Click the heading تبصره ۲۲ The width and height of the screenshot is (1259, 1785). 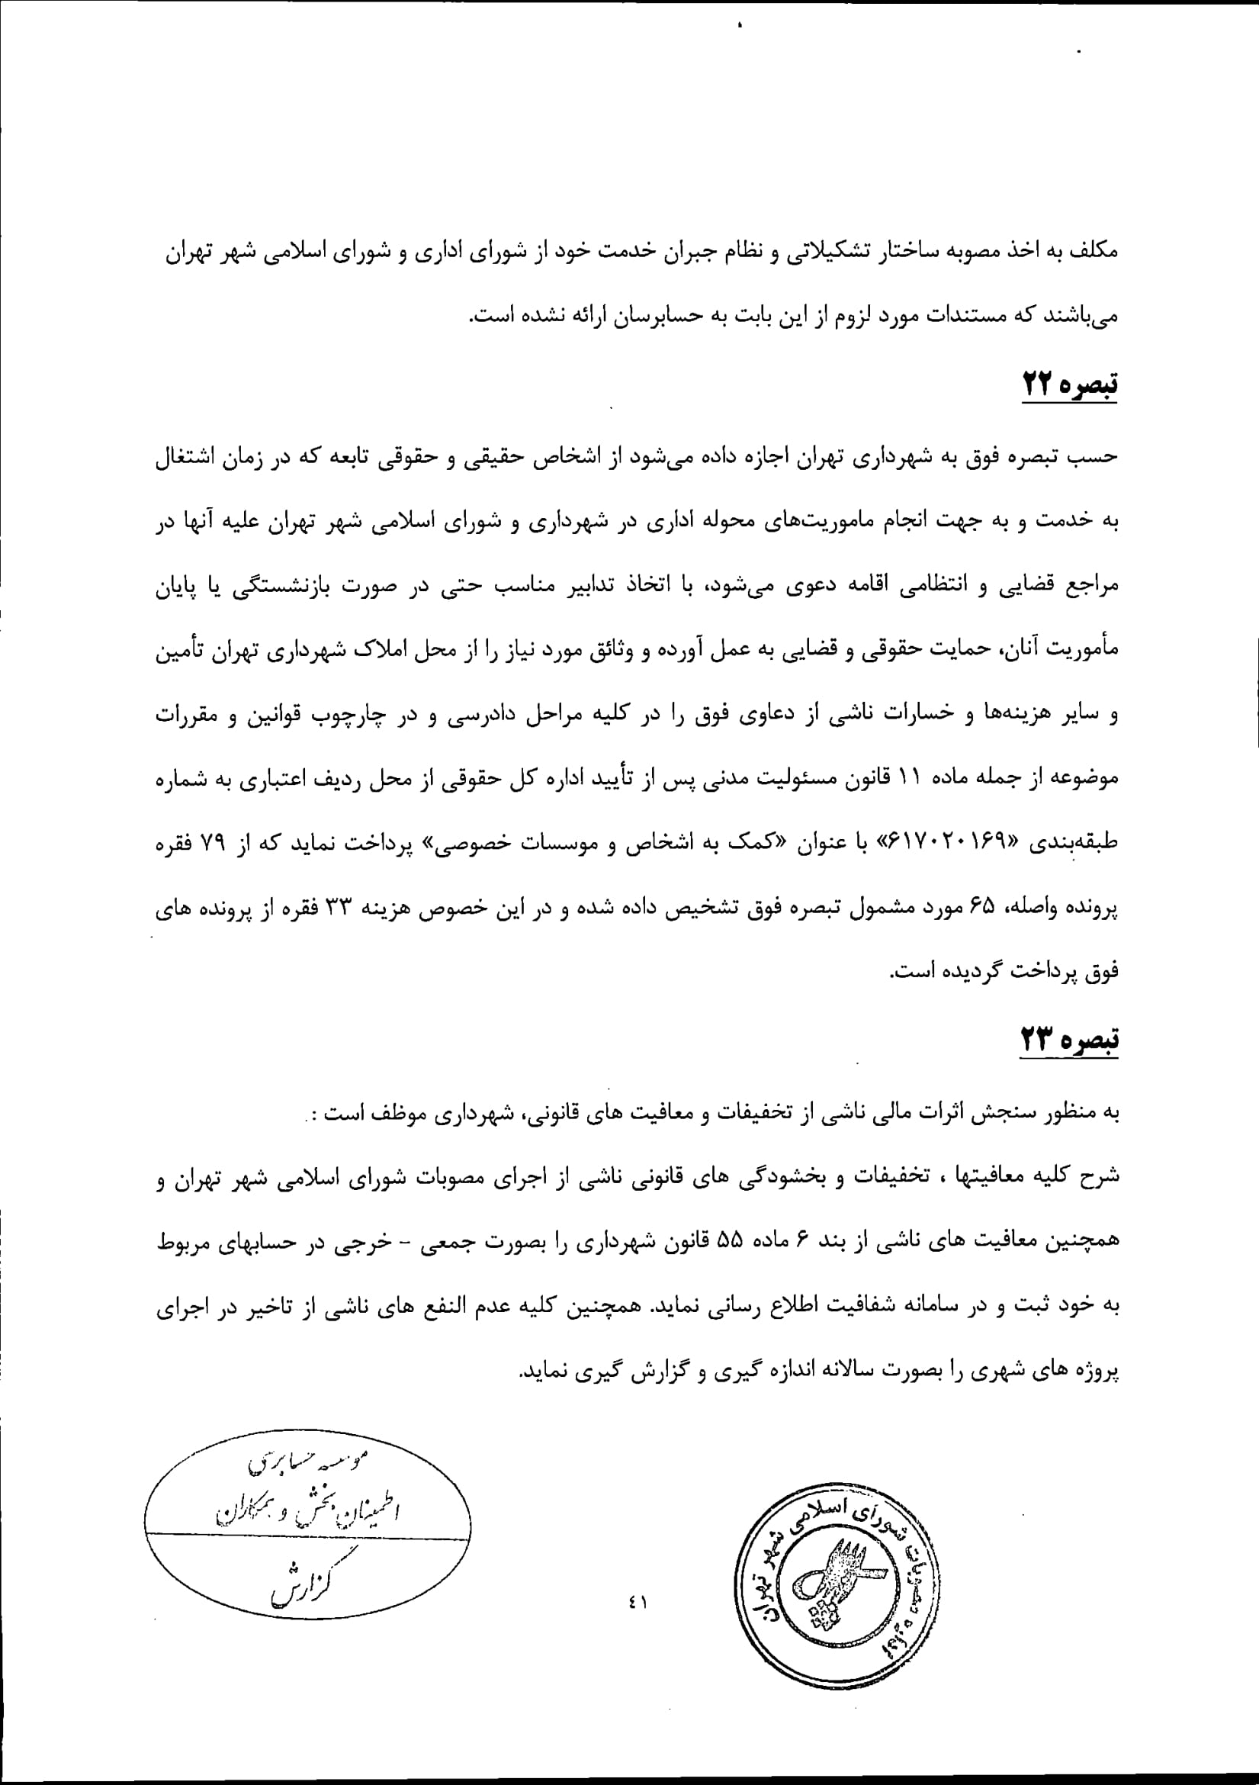coord(1068,384)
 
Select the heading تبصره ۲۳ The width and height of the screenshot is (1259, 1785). coord(1068,1039)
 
